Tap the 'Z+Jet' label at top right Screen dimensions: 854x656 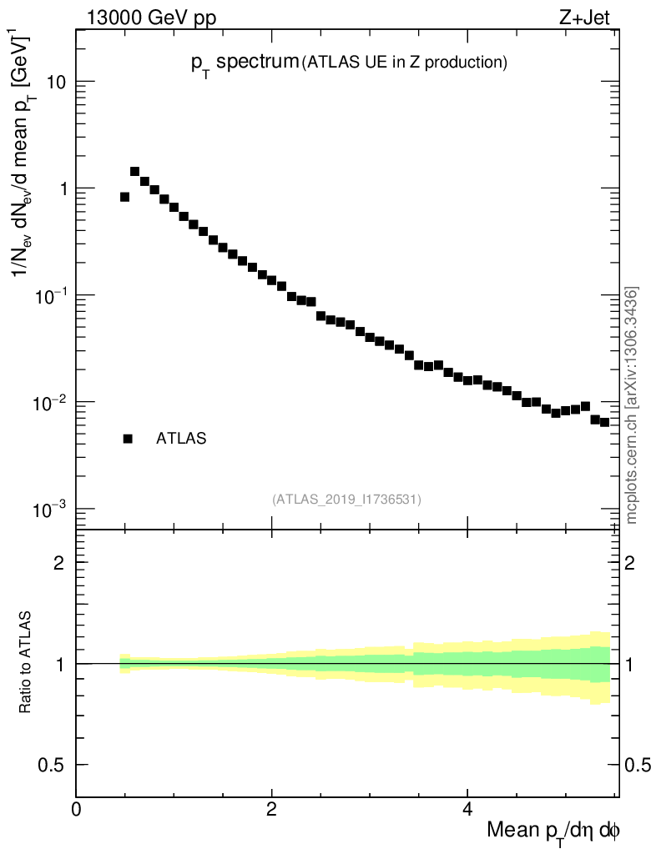click(595, 16)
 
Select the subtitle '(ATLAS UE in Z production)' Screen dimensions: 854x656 click(405, 62)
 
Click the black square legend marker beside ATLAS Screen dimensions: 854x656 click(128, 439)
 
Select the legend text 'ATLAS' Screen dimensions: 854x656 click(181, 439)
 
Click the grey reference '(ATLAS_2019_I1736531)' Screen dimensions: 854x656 click(346, 500)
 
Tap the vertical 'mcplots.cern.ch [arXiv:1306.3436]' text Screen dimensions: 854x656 click(632, 405)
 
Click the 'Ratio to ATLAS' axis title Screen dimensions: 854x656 click(25, 663)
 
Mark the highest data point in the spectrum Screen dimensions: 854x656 click(134, 172)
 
